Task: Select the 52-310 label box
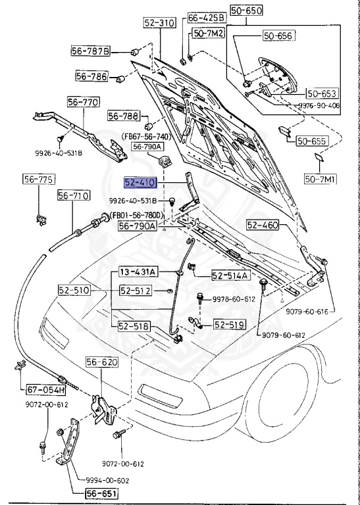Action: point(159,22)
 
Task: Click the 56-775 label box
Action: point(39,180)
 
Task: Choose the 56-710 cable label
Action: point(73,195)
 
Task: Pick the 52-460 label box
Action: point(263,225)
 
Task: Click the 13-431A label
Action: point(138,271)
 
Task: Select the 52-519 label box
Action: point(228,324)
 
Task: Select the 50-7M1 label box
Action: point(319,178)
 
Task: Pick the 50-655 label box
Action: point(311,140)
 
